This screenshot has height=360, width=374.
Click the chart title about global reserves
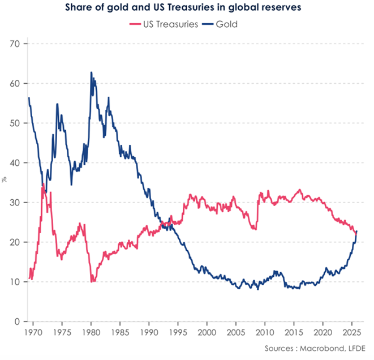187,7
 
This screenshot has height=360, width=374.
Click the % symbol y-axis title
4,180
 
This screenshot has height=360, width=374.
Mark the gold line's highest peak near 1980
91,72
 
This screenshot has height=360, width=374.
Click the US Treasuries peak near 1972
43,185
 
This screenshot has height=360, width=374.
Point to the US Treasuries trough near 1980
92,281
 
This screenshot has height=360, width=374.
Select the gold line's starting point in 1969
28,98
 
